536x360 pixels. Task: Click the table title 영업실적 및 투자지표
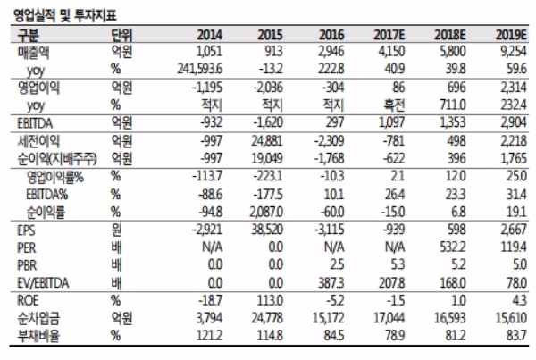[65, 15]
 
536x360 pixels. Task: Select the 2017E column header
[389, 35]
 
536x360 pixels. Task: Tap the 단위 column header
[121, 35]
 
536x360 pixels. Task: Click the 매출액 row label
[34, 53]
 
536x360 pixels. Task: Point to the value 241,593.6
[199, 69]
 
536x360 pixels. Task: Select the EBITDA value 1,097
[392, 122]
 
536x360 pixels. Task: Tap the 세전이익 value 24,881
[267, 140]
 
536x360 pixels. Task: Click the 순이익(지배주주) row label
[57, 159]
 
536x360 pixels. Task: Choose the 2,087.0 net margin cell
[266, 212]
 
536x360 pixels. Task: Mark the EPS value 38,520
[267, 229]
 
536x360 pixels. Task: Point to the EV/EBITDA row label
[43, 283]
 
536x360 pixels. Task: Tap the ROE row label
[28, 300]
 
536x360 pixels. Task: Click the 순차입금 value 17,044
[389, 318]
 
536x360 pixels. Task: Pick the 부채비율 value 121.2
[209, 335]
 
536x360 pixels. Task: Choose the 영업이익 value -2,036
[268, 88]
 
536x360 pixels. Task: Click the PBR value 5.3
[397, 264]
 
